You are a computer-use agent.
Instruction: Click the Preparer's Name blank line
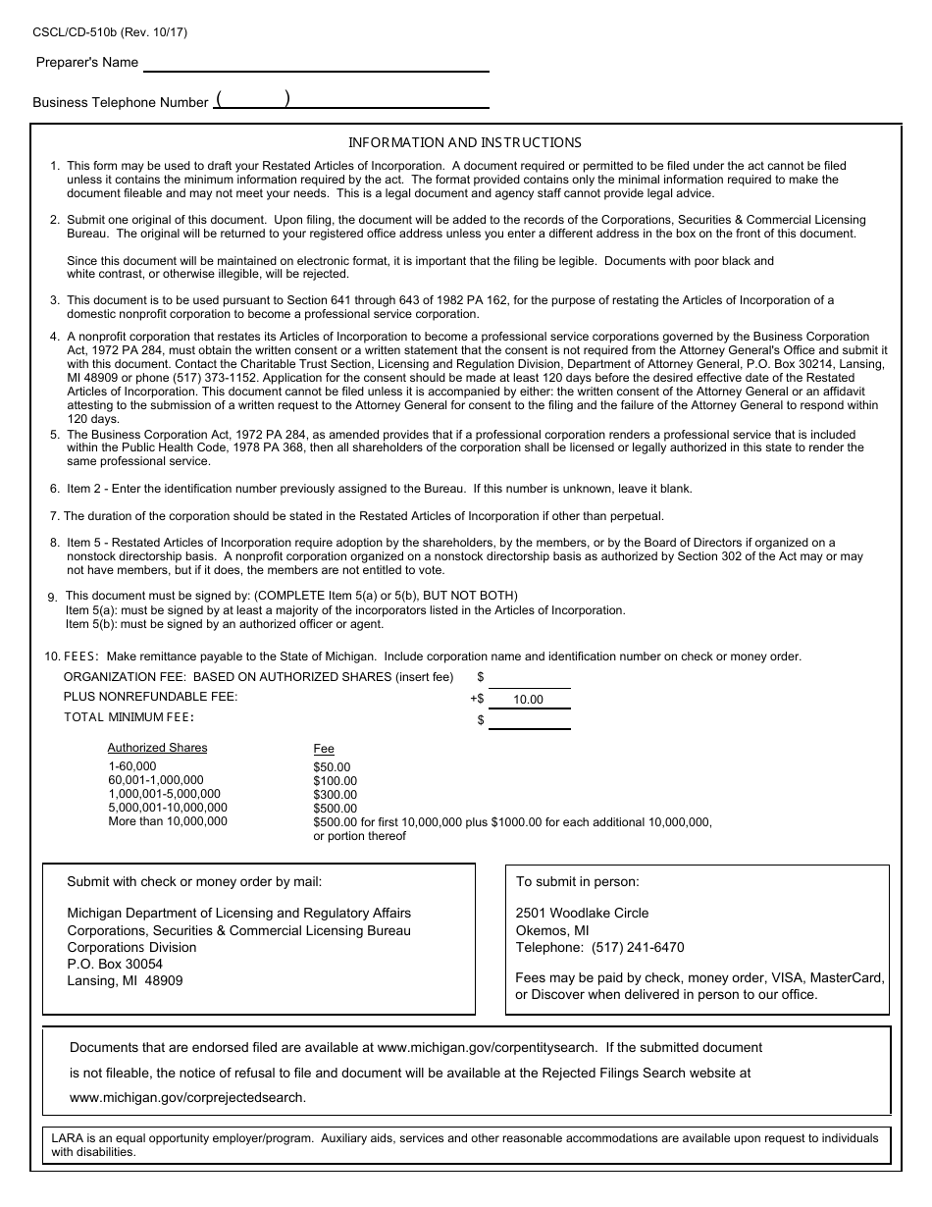coord(316,65)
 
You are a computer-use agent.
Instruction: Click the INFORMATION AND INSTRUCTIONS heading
coord(465,142)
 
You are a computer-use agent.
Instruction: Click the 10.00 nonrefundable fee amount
coord(528,700)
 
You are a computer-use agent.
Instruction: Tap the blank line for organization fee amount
coord(529,679)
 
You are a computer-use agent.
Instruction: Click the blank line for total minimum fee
coord(529,721)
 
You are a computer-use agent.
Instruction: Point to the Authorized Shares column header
coord(157,748)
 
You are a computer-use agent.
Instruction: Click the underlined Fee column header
coord(324,749)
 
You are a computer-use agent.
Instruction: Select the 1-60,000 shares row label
coord(131,766)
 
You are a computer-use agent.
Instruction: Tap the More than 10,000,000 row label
coord(167,821)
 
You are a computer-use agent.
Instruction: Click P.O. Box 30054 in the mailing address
coord(115,965)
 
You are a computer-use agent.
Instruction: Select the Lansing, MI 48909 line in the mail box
coord(125,981)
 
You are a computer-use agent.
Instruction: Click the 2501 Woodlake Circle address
coord(582,913)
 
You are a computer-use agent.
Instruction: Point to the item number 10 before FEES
coord(52,656)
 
